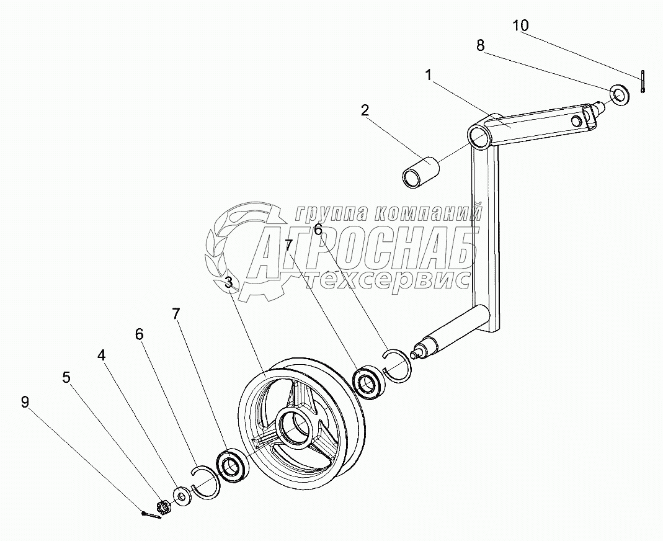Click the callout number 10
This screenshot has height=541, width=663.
[520, 25]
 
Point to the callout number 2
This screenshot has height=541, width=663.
[365, 110]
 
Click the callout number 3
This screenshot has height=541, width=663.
[229, 283]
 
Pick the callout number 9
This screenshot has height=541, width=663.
[25, 402]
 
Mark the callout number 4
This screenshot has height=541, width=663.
[101, 355]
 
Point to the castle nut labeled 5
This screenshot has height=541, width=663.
[164, 507]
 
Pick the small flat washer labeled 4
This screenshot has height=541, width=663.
[182, 496]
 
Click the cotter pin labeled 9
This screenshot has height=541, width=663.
[151, 515]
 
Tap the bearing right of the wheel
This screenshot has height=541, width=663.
[370, 383]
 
